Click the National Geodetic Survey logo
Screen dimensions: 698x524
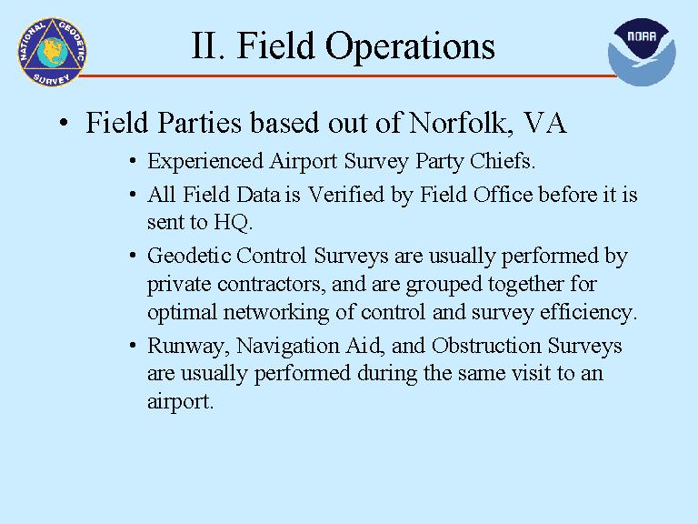pyautogui.click(x=52, y=52)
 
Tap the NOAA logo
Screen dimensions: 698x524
pyautogui.click(x=642, y=52)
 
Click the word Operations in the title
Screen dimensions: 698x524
pyautogui.click(x=410, y=45)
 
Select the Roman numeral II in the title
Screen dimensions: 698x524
pyautogui.click(x=204, y=45)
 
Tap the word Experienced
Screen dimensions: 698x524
pyautogui.click(x=205, y=161)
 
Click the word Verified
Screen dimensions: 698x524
pyautogui.click(x=346, y=195)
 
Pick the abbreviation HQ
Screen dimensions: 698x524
pyautogui.click(x=233, y=222)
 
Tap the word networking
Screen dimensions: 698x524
pyautogui.click(x=276, y=312)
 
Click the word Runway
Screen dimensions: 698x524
pyautogui.click(x=188, y=347)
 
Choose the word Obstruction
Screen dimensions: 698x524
pyautogui.click(x=486, y=346)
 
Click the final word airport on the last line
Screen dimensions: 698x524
pyautogui.click(x=180, y=401)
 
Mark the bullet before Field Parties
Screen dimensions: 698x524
pyautogui.click(x=65, y=123)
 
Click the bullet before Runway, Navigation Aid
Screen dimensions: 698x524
pyautogui.click(x=133, y=346)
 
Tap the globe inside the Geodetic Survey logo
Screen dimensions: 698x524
pyautogui.click(x=53, y=52)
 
